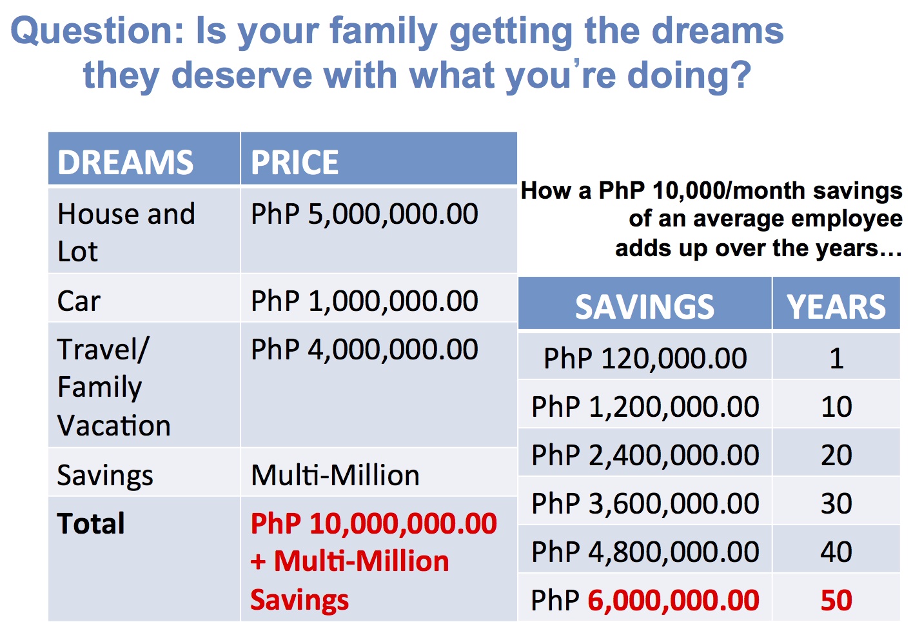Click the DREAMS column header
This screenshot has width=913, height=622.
126,162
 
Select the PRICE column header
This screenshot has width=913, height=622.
295,162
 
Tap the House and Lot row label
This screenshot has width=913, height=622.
126,232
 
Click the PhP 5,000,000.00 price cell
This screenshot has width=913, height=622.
364,214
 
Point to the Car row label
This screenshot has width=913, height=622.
79,301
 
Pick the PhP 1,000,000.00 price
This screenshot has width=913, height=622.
364,301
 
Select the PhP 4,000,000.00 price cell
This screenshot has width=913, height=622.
364,349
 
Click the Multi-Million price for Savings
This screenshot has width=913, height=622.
335,475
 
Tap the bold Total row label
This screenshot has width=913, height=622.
91,523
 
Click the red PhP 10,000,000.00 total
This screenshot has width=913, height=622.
374,523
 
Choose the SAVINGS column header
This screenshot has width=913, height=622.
645,306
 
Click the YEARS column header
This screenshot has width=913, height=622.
836,306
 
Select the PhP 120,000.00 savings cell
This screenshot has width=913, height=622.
645,358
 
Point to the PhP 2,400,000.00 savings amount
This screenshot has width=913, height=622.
645,455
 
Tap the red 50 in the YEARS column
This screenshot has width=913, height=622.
836,600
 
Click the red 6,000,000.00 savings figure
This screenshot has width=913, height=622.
673,600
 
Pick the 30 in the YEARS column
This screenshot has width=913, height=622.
836,503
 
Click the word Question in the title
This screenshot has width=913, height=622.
97,31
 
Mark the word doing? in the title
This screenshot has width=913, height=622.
689,75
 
